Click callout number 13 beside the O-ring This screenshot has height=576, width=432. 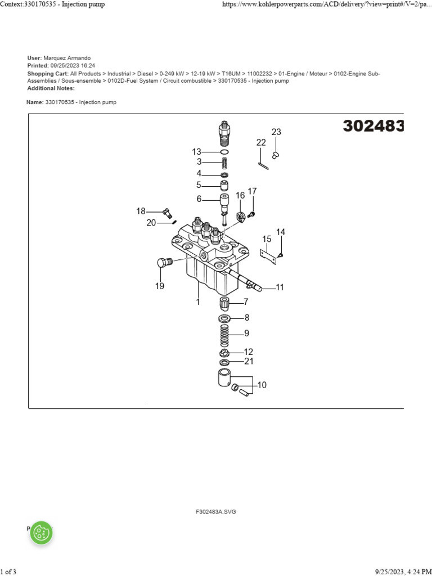[x=196, y=151]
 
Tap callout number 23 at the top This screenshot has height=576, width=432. [x=276, y=132]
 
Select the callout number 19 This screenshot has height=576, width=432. [x=160, y=286]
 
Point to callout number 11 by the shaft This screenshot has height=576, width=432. [x=280, y=287]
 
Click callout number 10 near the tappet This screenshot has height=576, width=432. [x=262, y=385]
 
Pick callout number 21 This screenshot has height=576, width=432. [x=249, y=362]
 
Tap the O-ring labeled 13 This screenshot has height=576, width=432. [x=224, y=152]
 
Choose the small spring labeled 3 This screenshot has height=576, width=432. [x=224, y=162]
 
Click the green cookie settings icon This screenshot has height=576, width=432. [x=41, y=532]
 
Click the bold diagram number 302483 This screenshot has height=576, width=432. [x=373, y=127]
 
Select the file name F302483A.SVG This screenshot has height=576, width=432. [x=216, y=512]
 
